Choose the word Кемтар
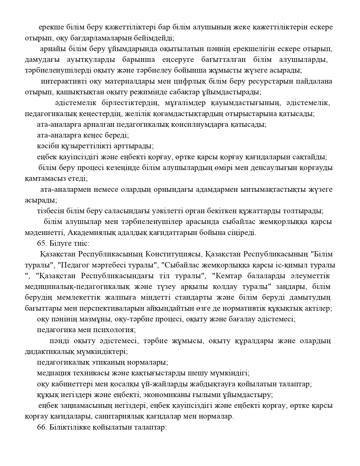228,276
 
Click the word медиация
54,373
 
